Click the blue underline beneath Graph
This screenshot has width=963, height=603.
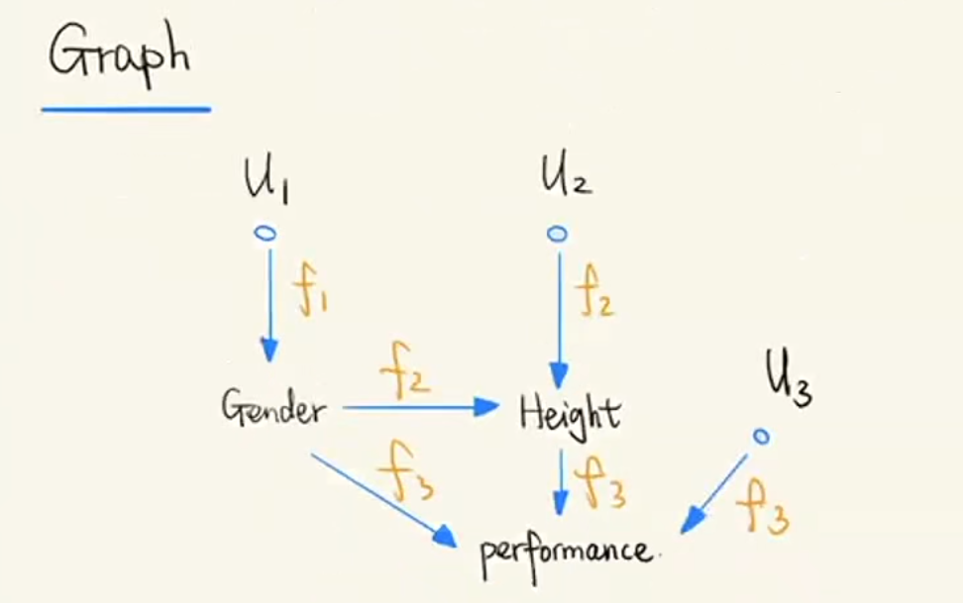[126, 108]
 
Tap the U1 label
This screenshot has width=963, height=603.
[267, 180]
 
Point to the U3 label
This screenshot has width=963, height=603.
[789, 380]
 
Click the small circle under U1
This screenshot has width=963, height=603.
[265, 233]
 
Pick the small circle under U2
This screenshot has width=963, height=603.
[558, 234]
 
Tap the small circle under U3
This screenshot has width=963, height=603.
[760, 435]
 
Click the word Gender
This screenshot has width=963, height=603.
[272, 408]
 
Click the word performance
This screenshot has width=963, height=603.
[567, 548]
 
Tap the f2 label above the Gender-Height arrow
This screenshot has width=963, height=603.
[405, 375]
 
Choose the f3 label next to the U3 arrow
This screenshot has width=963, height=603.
[762, 506]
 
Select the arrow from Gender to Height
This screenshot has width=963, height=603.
[420, 406]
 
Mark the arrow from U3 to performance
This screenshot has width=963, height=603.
[716, 492]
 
